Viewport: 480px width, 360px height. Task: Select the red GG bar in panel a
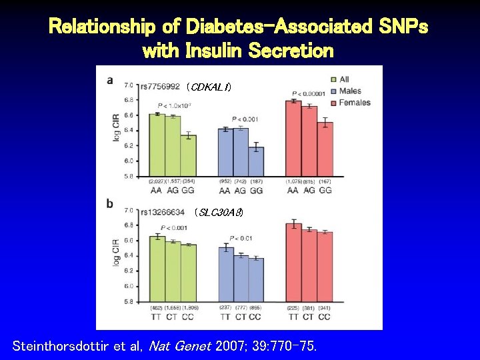[325, 149]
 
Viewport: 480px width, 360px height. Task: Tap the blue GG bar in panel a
[255, 162]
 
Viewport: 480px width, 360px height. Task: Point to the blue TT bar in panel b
[226, 274]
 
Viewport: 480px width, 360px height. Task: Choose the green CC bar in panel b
[189, 273]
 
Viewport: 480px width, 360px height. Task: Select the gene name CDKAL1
[209, 86]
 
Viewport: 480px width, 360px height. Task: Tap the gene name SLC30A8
[218, 213]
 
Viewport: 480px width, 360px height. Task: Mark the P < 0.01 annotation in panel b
[241, 238]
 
